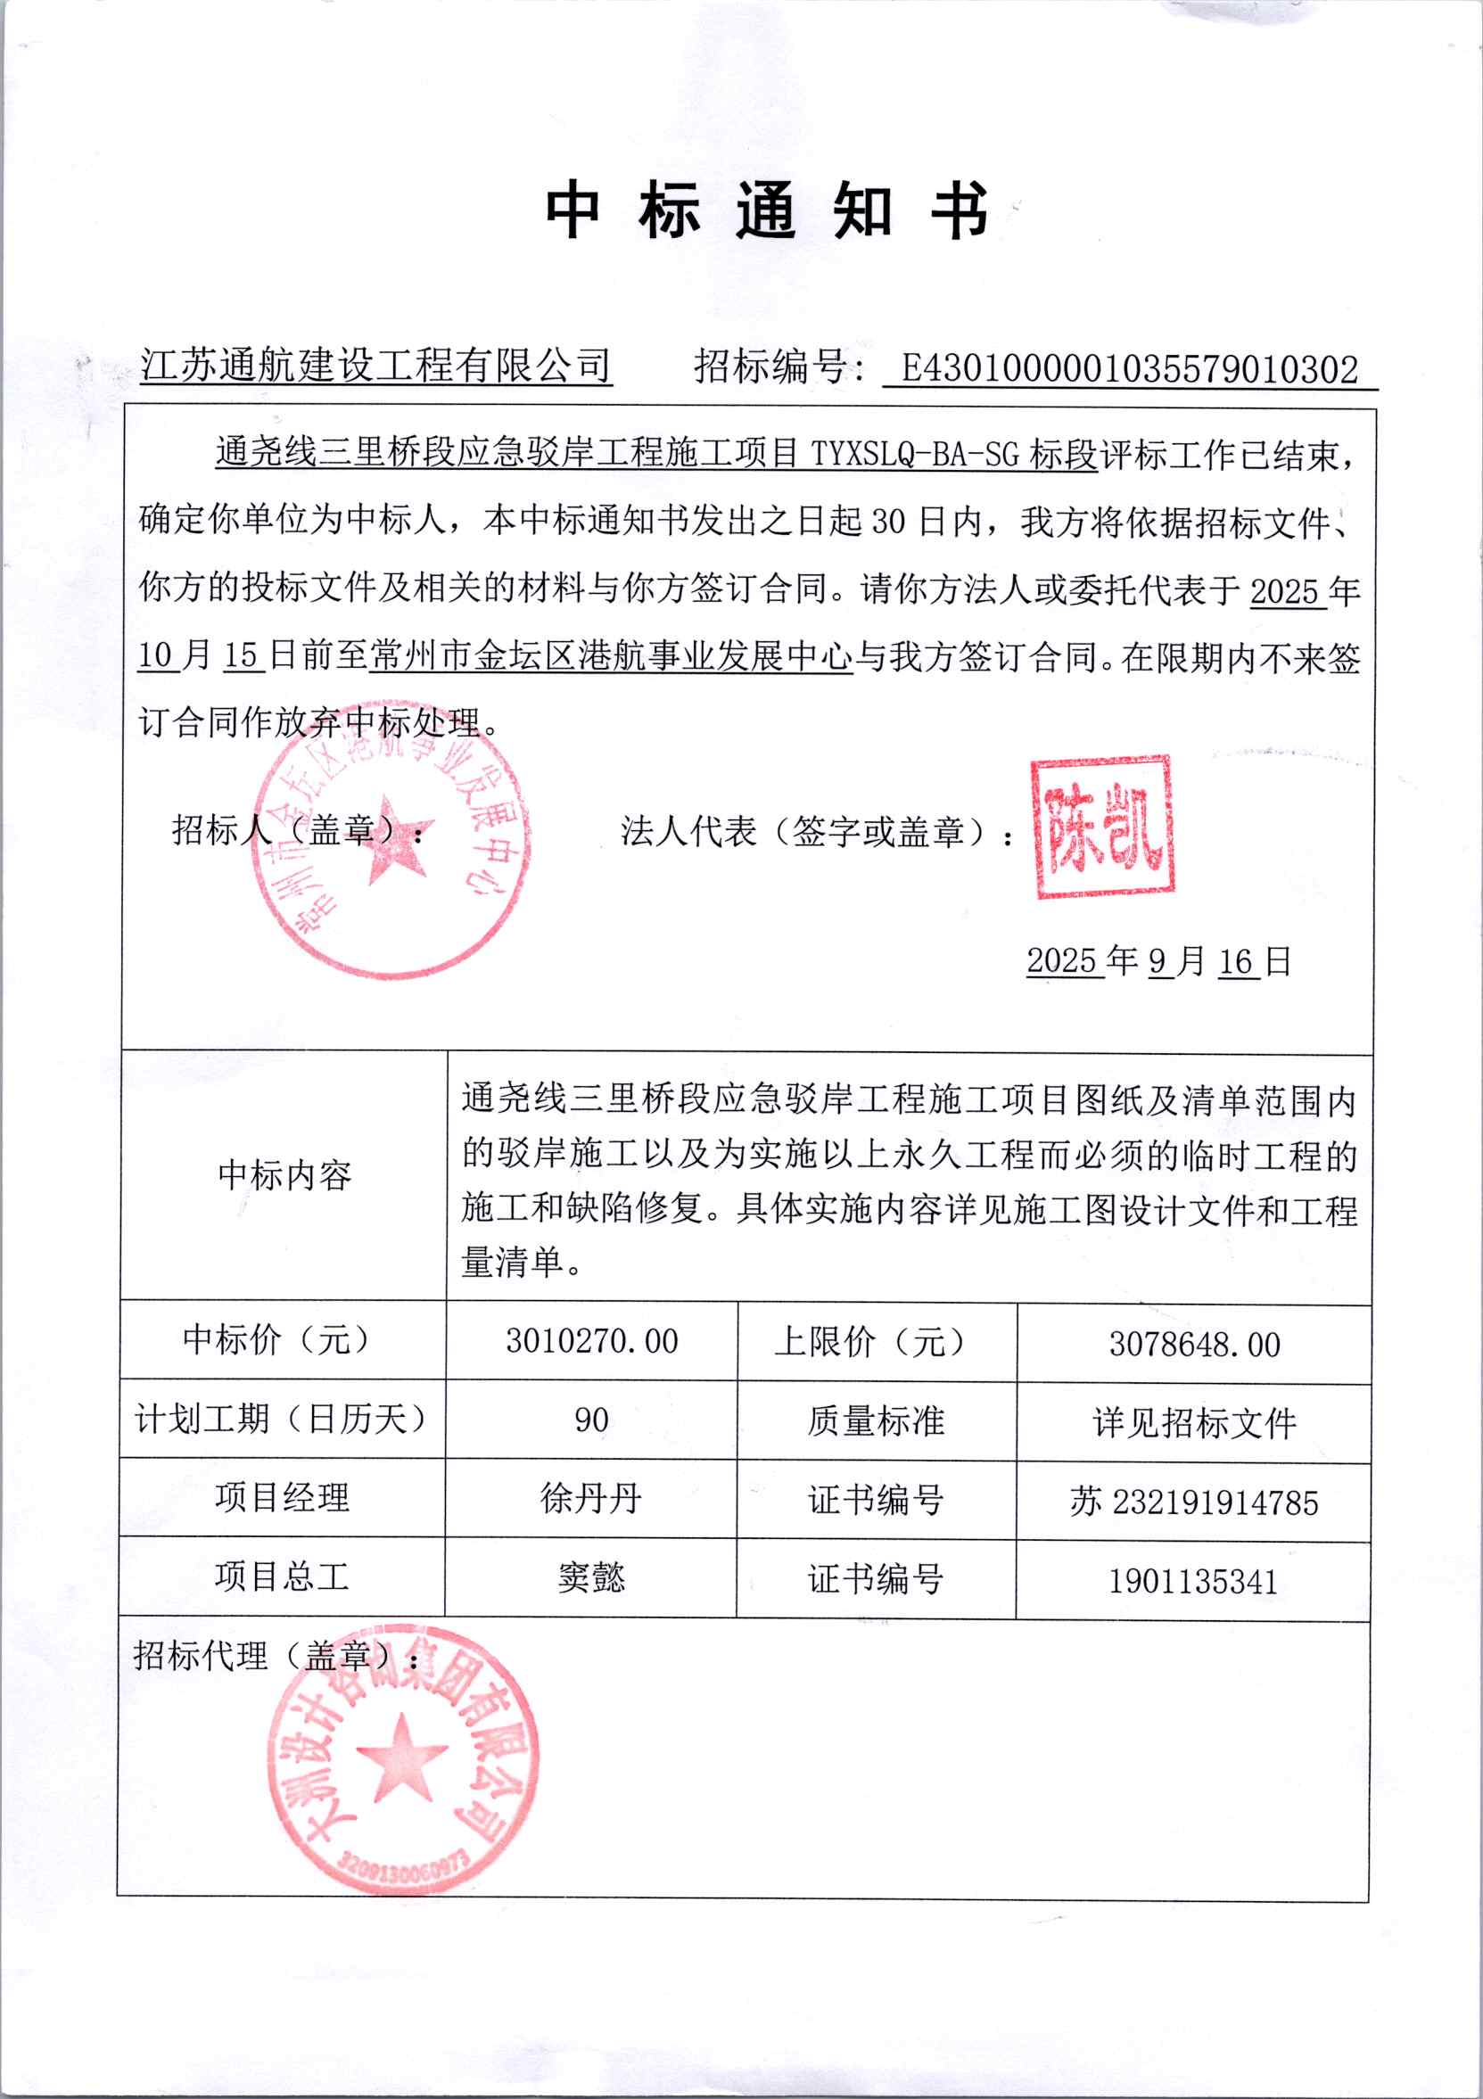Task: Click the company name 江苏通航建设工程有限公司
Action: (x=375, y=366)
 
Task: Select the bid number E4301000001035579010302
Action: (x=1129, y=369)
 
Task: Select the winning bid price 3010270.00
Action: (x=591, y=1341)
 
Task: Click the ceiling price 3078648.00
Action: (x=1194, y=1344)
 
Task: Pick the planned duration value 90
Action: (x=591, y=1420)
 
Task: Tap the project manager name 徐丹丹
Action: (x=591, y=1499)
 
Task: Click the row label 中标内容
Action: (x=284, y=1175)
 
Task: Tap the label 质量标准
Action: (x=876, y=1421)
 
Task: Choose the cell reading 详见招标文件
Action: (x=1194, y=1423)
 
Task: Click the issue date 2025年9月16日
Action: (x=1158, y=961)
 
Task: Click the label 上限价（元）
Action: (x=869, y=1342)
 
